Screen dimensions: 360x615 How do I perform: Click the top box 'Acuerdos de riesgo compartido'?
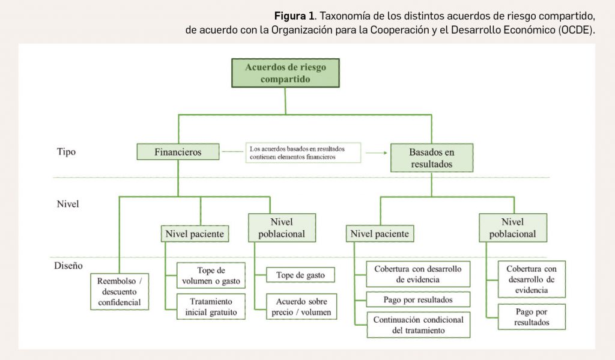pyautogui.click(x=285, y=73)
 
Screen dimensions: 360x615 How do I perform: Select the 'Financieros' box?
pyautogui.click(x=178, y=152)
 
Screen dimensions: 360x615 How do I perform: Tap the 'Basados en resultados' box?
pyautogui.click(x=431, y=157)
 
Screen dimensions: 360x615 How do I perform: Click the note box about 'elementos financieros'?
pyautogui.click(x=303, y=152)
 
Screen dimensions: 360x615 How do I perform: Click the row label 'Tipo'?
pyautogui.click(x=66, y=152)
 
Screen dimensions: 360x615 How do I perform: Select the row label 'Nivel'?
pyautogui.click(x=68, y=204)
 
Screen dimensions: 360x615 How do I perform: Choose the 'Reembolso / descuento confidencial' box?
pyautogui.click(x=120, y=291)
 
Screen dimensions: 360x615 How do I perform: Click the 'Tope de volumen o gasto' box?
pyautogui.click(x=211, y=275)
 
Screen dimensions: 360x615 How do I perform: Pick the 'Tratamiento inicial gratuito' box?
pyautogui.click(x=211, y=307)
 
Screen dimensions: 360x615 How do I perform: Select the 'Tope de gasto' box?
pyautogui.click(x=300, y=275)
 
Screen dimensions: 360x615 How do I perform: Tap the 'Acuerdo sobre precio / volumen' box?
pyautogui.click(x=300, y=307)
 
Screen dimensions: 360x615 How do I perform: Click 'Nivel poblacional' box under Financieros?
pyautogui.click(x=282, y=227)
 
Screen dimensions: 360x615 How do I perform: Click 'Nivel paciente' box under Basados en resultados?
pyautogui.click(x=380, y=234)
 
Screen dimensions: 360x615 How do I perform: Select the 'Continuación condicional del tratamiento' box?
pyautogui.click(x=418, y=325)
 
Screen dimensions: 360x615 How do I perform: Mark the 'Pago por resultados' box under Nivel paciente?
pyautogui.click(x=418, y=299)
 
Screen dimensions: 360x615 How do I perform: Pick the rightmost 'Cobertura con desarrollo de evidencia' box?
pyautogui.click(x=532, y=279)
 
